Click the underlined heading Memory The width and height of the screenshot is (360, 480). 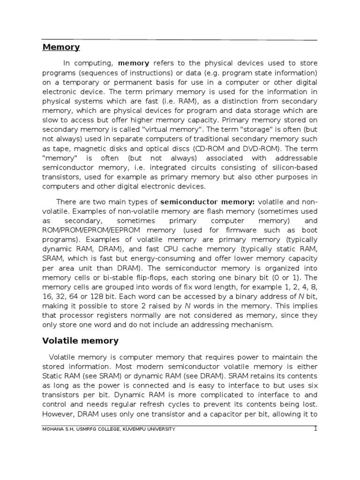pyautogui.click(x=61, y=47)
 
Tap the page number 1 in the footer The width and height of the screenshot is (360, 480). pyautogui.click(x=315, y=428)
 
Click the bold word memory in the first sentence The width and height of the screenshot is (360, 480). pyautogui.click(x=134, y=63)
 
